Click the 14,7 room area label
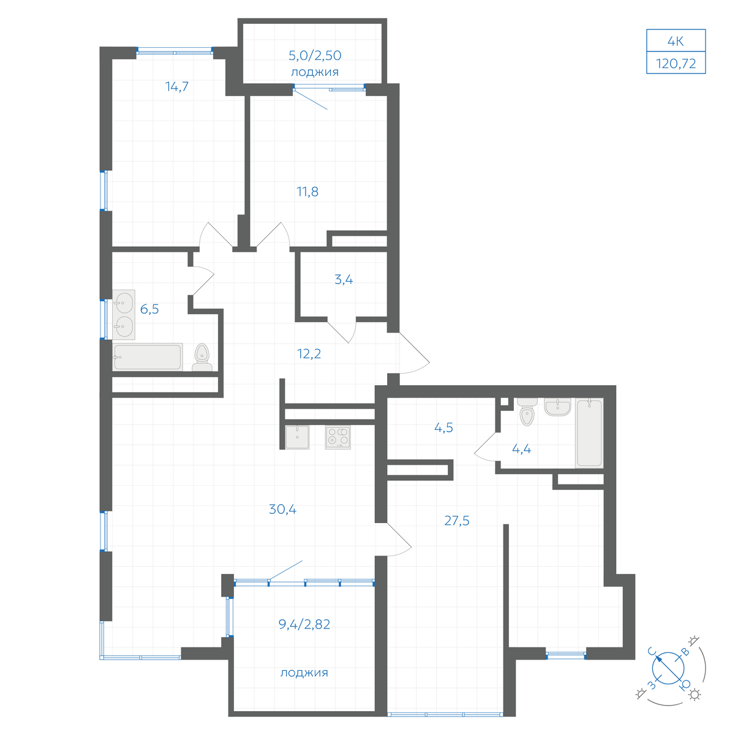click(x=177, y=86)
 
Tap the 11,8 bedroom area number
click(x=307, y=192)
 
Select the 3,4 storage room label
click(x=344, y=279)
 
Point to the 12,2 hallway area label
click(x=309, y=353)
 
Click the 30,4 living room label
click(x=282, y=509)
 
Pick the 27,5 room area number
click(x=456, y=520)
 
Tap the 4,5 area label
click(x=443, y=428)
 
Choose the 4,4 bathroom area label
click(x=521, y=449)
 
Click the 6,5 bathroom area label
click(x=149, y=309)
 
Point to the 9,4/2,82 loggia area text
click(x=304, y=624)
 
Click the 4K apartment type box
click(x=676, y=40)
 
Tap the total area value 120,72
click(x=676, y=63)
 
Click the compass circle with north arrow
click(x=668, y=668)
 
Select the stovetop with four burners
click(x=337, y=437)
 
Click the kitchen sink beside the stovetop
click(x=297, y=437)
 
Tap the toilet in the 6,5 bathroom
click(x=202, y=357)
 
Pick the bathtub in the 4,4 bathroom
click(x=589, y=433)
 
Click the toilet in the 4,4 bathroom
click(x=527, y=412)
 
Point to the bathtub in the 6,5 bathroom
click(x=148, y=357)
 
